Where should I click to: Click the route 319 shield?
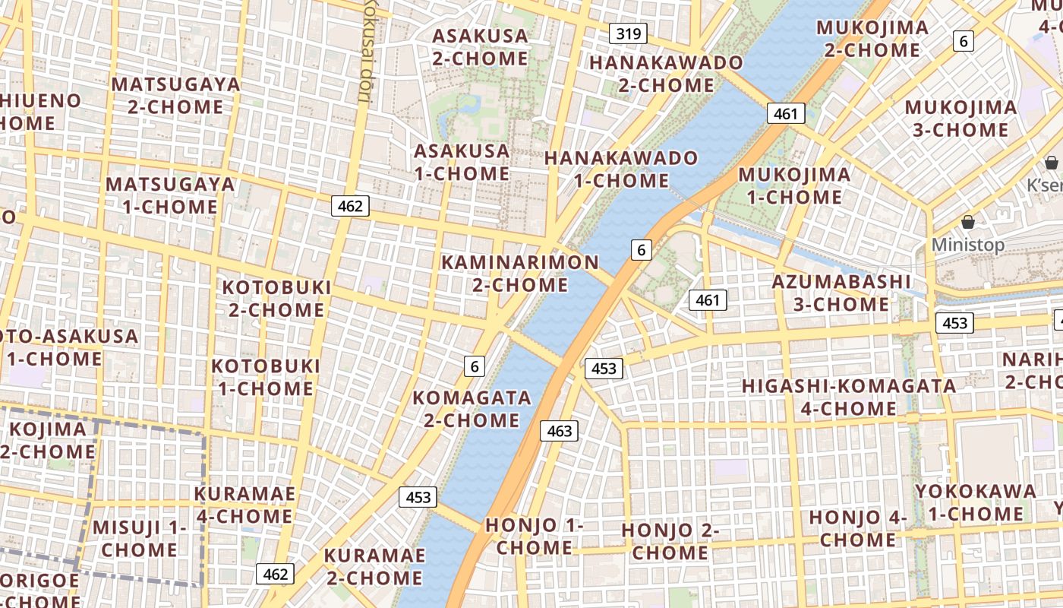pos(628,33)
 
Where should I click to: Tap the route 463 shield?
pos(560,431)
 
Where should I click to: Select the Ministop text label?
pos(967,245)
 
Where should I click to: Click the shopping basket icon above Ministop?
pos(967,222)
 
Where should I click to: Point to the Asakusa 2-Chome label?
pos(480,47)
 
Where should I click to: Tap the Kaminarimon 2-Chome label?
pos(520,274)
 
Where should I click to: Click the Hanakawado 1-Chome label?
pos(621,169)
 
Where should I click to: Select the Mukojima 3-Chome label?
pos(960,119)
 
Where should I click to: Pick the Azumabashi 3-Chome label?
pos(841,293)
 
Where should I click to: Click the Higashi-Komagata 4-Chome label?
pos(849,397)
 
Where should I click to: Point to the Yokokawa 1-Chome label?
pos(975,502)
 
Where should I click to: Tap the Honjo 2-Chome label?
pos(670,541)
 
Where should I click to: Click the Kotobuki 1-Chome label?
pos(265,377)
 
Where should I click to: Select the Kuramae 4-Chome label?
pos(244,505)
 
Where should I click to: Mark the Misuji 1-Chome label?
pos(139,538)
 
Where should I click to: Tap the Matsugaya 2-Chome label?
pos(175,95)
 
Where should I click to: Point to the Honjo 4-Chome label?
pos(858,528)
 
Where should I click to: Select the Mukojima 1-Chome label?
pos(794,185)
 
